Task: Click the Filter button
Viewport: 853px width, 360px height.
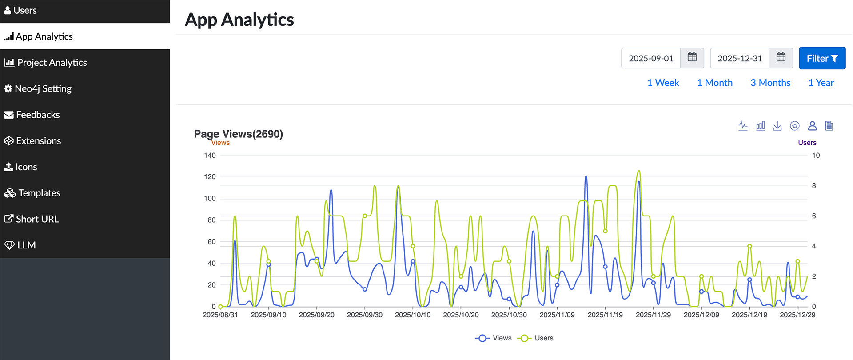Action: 822,58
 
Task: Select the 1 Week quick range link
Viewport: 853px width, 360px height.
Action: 663,83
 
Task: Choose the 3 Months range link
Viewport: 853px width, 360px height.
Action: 770,83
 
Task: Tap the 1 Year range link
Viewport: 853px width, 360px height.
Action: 821,83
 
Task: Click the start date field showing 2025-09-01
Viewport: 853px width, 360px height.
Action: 651,58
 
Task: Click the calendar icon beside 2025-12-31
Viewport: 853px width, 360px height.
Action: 781,58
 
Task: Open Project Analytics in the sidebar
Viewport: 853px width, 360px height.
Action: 52,63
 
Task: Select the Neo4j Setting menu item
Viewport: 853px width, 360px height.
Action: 43,89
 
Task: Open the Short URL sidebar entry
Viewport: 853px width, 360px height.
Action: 37,219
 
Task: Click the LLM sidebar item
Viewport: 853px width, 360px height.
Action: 26,245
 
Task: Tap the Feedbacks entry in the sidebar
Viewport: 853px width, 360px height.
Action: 38,115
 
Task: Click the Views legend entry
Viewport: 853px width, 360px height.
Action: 494,338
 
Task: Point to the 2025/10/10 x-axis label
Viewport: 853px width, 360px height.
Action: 413,315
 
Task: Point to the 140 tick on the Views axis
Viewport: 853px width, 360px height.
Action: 210,156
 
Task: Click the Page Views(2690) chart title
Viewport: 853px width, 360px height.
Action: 238,134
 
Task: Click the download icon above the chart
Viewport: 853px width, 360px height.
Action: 777,126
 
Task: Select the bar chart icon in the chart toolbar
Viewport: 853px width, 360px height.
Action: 761,126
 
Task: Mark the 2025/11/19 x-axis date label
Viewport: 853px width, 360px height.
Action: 605,315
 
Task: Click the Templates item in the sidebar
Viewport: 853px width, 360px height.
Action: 39,193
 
